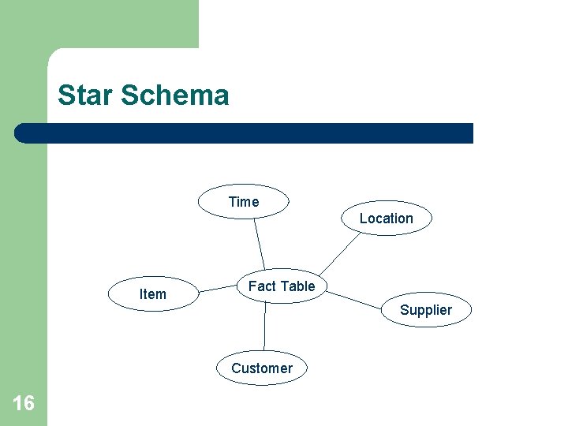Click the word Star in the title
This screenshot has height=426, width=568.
pos(84,95)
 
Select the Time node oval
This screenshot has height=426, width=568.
pos(243,202)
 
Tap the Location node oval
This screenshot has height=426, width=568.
pos(387,219)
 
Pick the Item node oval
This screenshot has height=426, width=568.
pos(152,294)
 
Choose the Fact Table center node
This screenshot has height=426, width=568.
pos(282,286)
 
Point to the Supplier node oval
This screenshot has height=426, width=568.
pos(426,310)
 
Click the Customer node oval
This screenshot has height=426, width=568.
pos(262,368)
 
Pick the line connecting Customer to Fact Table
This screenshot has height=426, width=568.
pos(264,327)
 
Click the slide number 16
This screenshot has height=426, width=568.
pos(24,404)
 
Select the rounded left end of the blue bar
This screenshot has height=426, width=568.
pos(21,133)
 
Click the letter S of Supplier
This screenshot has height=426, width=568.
pos(404,310)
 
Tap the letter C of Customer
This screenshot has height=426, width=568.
pos(236,368)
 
